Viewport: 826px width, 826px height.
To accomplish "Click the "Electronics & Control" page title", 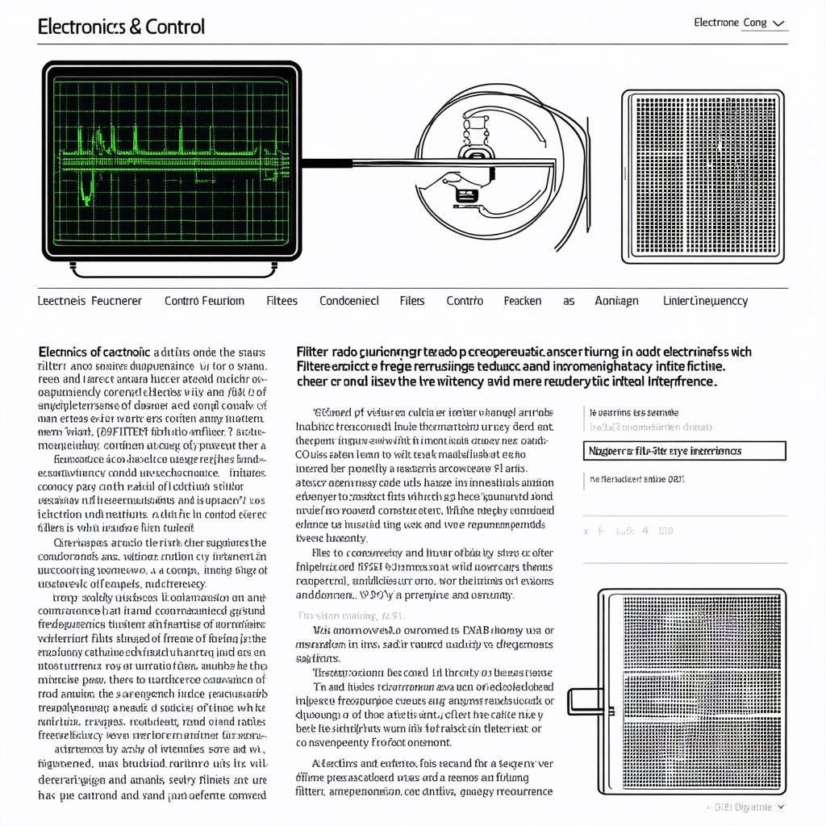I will coord(121,27).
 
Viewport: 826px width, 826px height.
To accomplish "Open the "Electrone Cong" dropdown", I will coord(740,23).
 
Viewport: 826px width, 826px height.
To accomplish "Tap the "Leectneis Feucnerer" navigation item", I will coord(90,301).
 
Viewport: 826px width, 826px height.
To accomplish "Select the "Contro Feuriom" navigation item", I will coord(204,301).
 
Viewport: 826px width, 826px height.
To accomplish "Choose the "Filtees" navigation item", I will coord(282,301).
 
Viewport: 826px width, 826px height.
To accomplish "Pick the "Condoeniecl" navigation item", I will coord(348,301).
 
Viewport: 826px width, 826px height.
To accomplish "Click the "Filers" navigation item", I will coord(411,301).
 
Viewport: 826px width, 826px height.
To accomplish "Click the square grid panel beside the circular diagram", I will coord(703,177).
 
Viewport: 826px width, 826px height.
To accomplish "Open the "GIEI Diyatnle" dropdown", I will coord(746,807).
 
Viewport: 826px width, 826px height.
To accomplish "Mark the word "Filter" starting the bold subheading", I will coord(312,352).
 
